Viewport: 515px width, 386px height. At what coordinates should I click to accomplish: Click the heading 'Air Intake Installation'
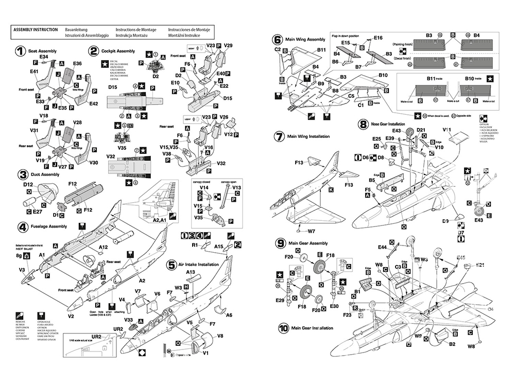pos(198,265)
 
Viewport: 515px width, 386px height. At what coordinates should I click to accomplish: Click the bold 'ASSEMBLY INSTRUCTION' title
pos(35,30)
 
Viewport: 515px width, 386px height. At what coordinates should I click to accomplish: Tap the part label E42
pos(93,103)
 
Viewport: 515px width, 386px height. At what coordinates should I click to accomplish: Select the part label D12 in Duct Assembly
pos(28,184)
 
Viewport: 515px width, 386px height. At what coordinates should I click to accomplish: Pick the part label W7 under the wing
pos(312,232)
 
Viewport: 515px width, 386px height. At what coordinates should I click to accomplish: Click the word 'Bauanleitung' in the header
pos(77,30)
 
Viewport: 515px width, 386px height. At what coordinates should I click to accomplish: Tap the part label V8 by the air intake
pos(220,336)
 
